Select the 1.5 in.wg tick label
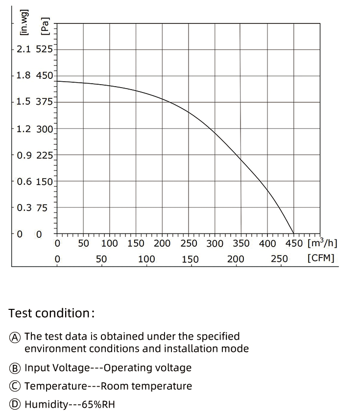pyautogui.click(x=23, y=102)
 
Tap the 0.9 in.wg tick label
pyautogui.click(x=23, y=155)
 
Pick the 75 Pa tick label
pyautogui.click(x=42, y=208)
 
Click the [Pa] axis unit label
pyautogui.click(x=46, y=26)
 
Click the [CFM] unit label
pyautogui.click(x=321, y=258)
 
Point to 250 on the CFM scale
pyautogui.click(x=279, y=259)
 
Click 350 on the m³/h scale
pyautogui.click(x=241, y=244)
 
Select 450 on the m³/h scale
pyautogui.click(x=294, y=244)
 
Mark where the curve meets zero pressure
pyautogui.click(x=294, y=233)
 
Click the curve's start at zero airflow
pyautogui.click(x=57, y=81)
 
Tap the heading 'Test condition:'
pyautogui.click(x=51, y=313)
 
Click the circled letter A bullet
pyautogui.click(x=16, y=337)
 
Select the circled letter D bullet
pyautogui.click(x=16, y=404)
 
